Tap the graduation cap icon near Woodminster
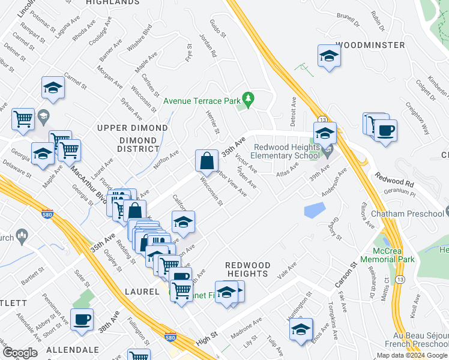pos(329,57)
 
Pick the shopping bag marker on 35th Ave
pos(206,161)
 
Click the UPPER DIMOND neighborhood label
pos(133,128)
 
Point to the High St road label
pos(206,340)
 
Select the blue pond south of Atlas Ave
pos(315,210)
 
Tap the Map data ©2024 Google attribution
pos(412,355)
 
